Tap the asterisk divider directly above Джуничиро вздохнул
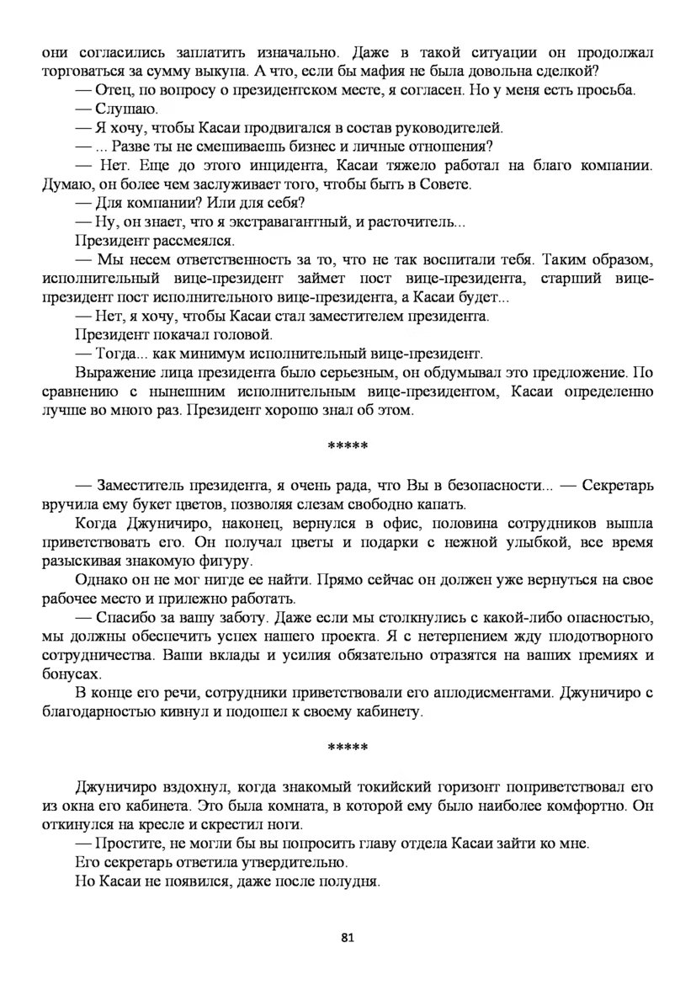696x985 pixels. click(348, 748)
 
